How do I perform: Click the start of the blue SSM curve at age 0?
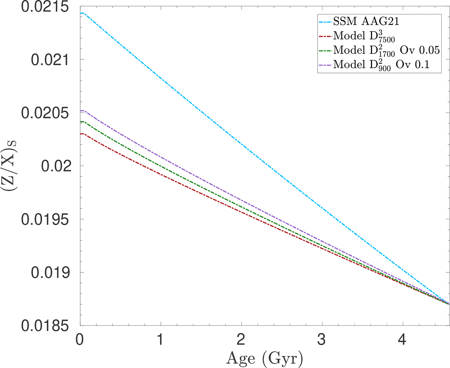(x=80, y=13)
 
